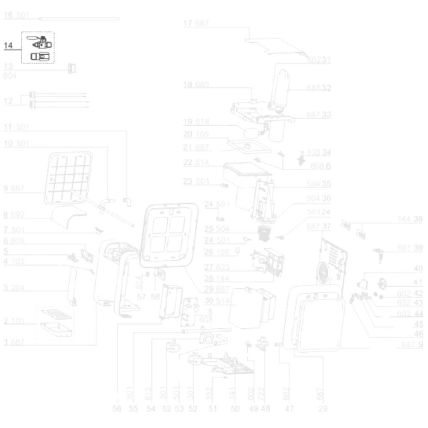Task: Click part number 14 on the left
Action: [x=9, y=45]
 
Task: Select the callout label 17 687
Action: [x=196, y=23]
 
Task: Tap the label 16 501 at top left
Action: [x=16, y=16]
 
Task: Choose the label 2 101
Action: [x=14, y=321]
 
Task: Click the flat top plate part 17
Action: [x=276, y=46]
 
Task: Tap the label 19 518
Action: [x=196, y=122]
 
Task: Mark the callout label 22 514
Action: [x=196, y=162]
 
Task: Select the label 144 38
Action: [x=410, y=219]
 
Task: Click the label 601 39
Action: [x=410, y=248]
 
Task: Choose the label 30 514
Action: [x=217, y=300]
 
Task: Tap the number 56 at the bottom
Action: [x=117, y=409]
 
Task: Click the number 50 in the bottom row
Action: [x=235, y=409]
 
